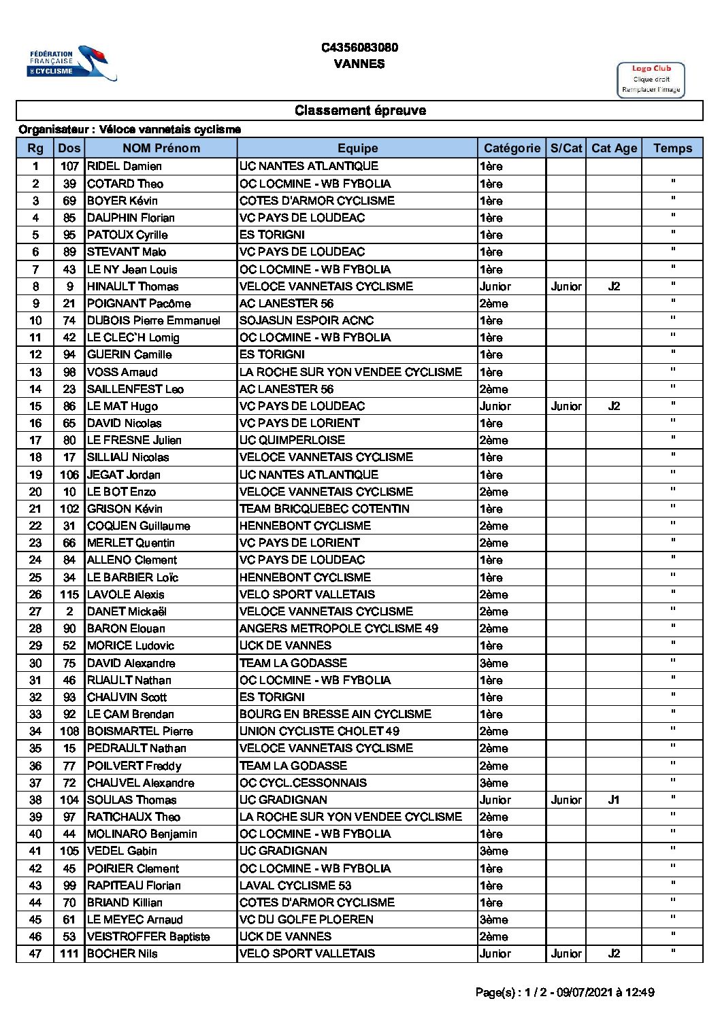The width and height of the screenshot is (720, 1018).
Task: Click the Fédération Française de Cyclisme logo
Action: point(71,63)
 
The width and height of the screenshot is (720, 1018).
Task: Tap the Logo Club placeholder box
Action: point(651,80)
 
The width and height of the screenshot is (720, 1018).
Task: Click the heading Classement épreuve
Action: point(360,110)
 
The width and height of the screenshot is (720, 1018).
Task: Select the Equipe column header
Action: point(357,148)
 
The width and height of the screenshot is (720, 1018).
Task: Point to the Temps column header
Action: point(672,148)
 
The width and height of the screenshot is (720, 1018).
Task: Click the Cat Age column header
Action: point(614,148)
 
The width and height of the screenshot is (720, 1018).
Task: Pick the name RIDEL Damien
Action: point(125,166)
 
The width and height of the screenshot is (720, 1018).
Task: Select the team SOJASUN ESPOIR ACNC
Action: point(306,320)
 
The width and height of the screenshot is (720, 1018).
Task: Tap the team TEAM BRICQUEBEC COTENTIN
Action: point(324,509)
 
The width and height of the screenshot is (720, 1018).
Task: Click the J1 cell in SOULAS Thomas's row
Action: point(614,800)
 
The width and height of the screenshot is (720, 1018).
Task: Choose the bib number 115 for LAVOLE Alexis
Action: point(69,594)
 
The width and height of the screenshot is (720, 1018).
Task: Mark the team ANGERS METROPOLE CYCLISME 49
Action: point(338,628)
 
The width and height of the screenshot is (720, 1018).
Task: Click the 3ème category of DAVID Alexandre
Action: point(493,663)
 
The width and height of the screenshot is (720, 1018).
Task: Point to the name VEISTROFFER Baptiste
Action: point(148,936)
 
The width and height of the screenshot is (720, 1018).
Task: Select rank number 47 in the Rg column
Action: point(35,953)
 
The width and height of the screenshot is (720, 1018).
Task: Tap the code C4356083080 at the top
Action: point(359,48)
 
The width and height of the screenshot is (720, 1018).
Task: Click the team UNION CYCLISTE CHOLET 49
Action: point(319,731)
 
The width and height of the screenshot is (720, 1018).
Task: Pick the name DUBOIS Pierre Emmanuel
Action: point(154,320)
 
